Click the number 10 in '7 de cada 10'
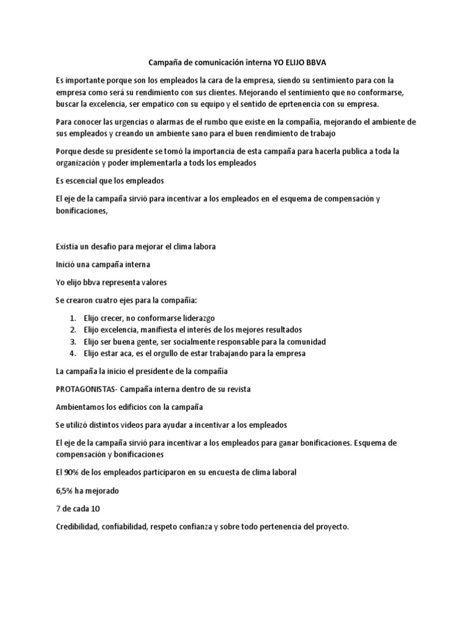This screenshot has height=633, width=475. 95,509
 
